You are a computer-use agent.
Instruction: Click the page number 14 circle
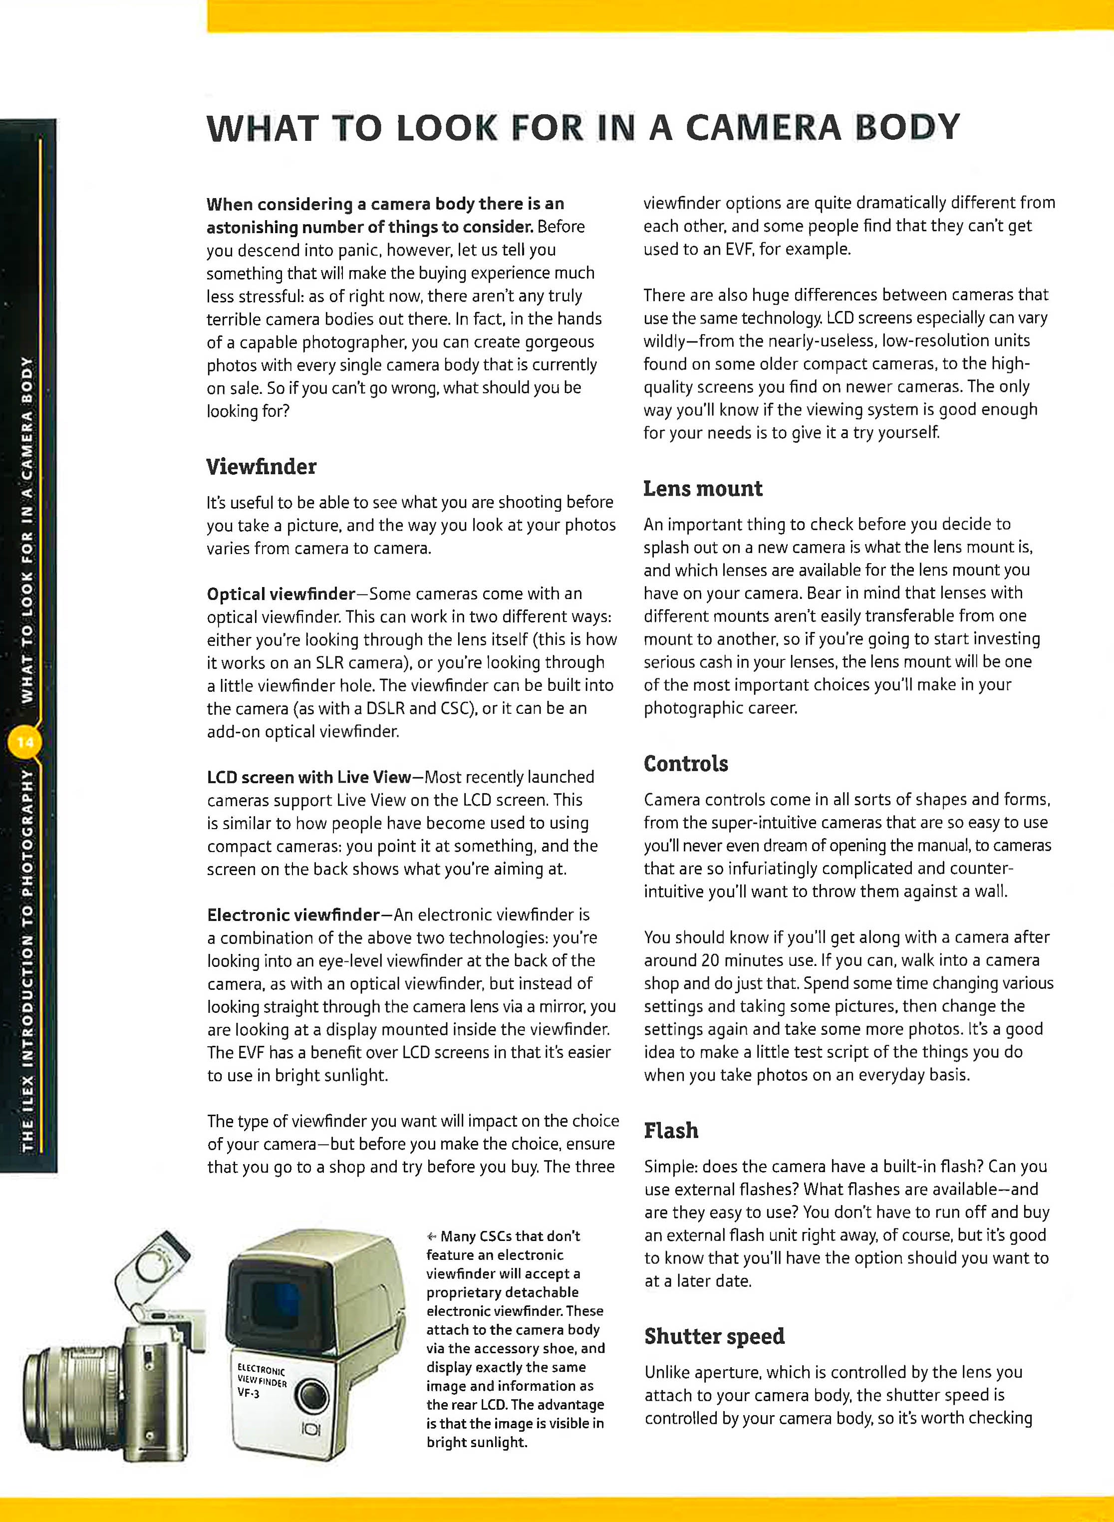(25, 742)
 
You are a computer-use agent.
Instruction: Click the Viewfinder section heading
(261, 467)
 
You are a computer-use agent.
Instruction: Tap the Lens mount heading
(703, 488)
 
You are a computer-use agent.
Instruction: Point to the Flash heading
(670, 1130)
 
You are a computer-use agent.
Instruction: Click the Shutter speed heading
(714, 1336)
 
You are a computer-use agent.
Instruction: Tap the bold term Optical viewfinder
(280, 594)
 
